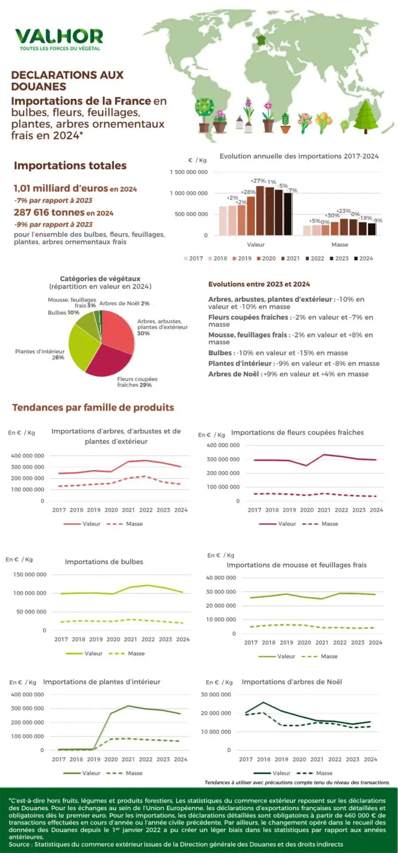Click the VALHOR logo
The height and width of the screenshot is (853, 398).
coord(59,38)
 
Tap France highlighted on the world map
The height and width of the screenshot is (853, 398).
coord(261,40)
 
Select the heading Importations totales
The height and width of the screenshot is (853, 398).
coord(70,166)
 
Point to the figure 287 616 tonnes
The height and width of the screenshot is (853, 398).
coord(49,213)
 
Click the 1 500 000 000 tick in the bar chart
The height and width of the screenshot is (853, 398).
coord(189,172)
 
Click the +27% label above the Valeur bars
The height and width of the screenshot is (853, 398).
coord(258,181)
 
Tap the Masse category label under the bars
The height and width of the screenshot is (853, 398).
coord(340,245)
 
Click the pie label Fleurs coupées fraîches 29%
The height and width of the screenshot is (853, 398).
coord(137,382)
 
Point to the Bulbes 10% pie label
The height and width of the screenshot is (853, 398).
coord(64,313)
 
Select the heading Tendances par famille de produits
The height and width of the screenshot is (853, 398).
coord(93,407)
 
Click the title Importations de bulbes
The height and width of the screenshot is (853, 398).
coord(104,562)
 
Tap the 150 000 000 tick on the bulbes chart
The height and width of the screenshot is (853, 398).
coord(30,575)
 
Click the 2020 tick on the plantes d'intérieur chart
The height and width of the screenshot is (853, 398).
coord(111,759)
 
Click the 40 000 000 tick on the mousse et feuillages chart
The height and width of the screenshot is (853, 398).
coord(221,578)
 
